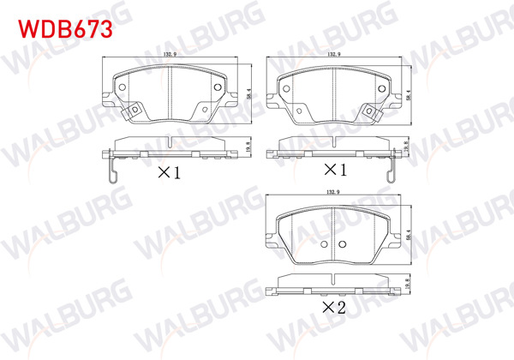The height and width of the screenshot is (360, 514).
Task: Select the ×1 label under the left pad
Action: pos(169,172)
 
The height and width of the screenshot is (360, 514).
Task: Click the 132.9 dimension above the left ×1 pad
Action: pos(169,57)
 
